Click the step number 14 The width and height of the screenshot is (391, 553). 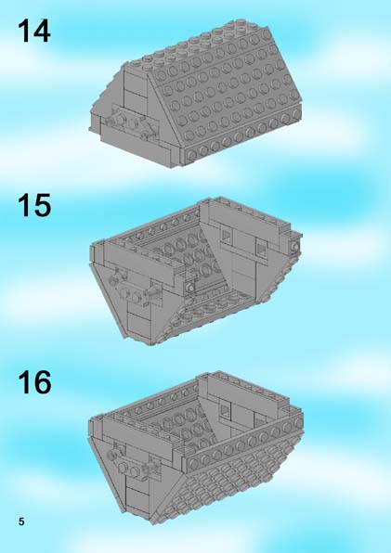pyautogui.click(x=33, y=31)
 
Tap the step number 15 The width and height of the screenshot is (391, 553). pyautogui.click(x=34, y=205)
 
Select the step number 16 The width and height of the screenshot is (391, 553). pyautogui.click(x=34, y=382)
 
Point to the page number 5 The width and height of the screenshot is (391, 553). pyautogui.click(x=21, y=521)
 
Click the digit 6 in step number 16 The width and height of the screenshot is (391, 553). pyautogui.click(x=43, y=382)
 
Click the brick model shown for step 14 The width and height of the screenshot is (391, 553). pyautogui.click(x=196, y=94)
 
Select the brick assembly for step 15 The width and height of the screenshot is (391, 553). pyautogui.click(x=196, y=271)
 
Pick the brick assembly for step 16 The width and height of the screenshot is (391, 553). pyautogui.click(x=196, y=448)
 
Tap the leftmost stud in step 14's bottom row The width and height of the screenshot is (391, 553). pyautogui.click(x=191, y=155)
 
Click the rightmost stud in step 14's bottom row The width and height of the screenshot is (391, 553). pyautogui.click(x=296, y=113)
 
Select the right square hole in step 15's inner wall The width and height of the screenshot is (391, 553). pyautogui.click(x=262, y=250)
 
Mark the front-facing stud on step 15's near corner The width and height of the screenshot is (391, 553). pyautogui.click(x=190, y=288)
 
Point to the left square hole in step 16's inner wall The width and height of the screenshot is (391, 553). pyautogui.click(x=225, y=410)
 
